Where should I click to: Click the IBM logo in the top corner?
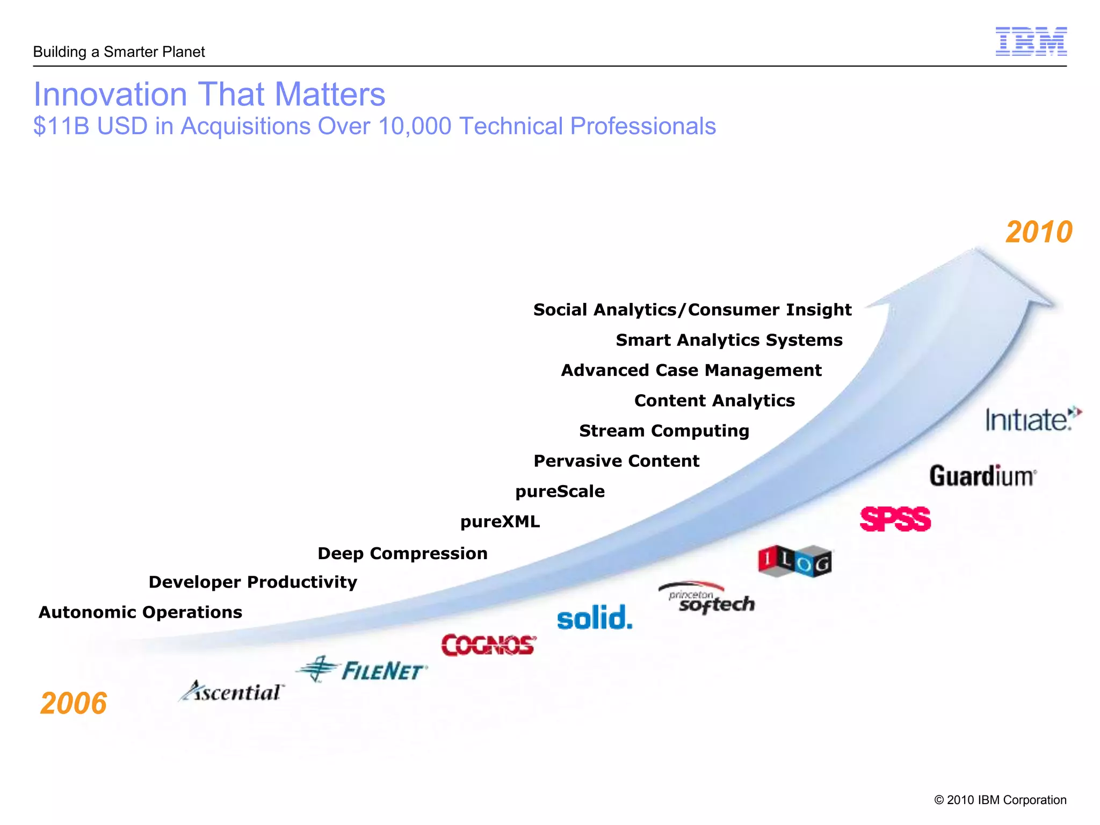[1031, 41]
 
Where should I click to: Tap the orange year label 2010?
[1039, 232]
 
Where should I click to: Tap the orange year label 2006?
[74, 703]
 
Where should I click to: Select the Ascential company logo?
[232, 691]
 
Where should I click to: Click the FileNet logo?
[362, 670]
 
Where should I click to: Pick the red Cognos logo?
[488, 645]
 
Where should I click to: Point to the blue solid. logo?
[595, 617]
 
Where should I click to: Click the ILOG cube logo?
[795, 561]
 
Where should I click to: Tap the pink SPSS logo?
[895, 519]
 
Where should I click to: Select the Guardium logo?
[982, 476]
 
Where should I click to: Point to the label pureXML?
[500, 522]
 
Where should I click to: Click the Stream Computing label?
[664, 431]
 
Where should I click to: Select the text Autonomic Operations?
[140, 612]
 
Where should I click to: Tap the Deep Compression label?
[402, 553]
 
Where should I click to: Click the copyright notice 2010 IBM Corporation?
[1000, 800]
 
